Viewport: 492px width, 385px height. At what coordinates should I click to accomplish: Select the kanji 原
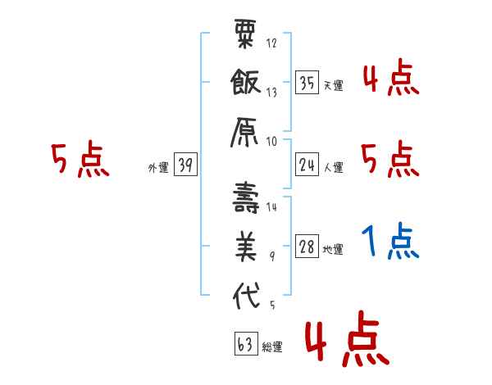(x=246, y=131)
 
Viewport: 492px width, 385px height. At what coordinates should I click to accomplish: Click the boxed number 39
(x=185, y=165)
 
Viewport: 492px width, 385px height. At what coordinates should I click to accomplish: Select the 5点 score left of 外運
(x=79, y=161)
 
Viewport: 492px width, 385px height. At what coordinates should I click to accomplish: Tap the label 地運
(x=333, y=250)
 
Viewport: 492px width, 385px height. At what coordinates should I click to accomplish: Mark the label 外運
(x=158, y=168)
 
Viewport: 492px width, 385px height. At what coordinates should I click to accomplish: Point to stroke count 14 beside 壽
(x=272, y=208)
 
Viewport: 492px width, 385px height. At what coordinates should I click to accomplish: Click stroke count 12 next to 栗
(x=272, y=43)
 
